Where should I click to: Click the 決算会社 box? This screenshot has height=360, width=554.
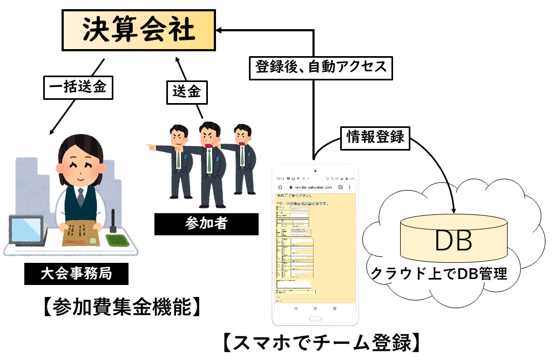(138, 31)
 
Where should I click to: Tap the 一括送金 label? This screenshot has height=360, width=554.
(78, 86)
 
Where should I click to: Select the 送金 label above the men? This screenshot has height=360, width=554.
(186, 92)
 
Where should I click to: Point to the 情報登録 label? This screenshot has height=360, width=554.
(375, 138)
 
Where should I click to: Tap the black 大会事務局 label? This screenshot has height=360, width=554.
(76, 273)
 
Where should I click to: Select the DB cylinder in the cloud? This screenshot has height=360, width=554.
(454, 240)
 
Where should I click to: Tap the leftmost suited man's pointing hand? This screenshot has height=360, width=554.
(150, 146)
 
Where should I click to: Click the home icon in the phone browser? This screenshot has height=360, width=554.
(280, 187)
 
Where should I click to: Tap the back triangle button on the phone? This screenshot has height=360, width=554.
(295, 308)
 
